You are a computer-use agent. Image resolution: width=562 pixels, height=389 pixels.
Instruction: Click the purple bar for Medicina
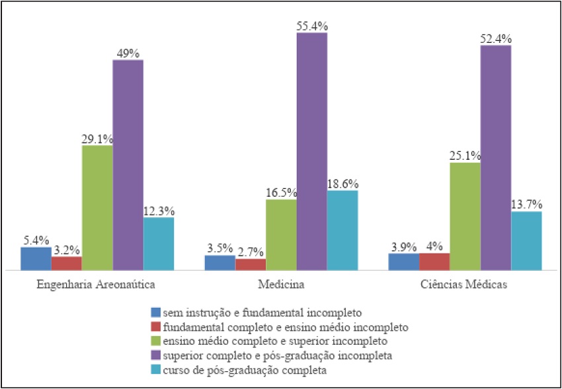coord(311,151)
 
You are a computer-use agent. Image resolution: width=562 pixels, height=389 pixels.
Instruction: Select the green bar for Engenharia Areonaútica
coord(97,207)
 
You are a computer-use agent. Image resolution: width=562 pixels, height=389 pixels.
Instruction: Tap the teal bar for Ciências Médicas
coord(526,240)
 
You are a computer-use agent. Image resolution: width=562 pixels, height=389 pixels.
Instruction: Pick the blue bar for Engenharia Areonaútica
coord(36,258)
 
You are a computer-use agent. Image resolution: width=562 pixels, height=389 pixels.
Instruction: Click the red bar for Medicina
coord(251,264)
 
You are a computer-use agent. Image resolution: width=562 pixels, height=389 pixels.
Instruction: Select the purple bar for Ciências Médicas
coord(495,157)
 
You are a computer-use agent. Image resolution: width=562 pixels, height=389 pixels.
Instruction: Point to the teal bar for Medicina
coord(342,230)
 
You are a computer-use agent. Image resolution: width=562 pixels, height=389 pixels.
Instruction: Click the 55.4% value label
coord(312,26)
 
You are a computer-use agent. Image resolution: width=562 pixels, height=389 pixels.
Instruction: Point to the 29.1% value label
coord(97,139)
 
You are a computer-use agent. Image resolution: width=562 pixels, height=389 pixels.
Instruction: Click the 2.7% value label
coord(251,252)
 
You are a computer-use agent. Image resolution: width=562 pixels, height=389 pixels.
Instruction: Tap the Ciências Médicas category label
coord(464,285)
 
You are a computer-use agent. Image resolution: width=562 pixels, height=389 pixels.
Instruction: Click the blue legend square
coord(155,312)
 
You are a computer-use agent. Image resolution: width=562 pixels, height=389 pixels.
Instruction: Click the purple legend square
coord(155,356)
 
